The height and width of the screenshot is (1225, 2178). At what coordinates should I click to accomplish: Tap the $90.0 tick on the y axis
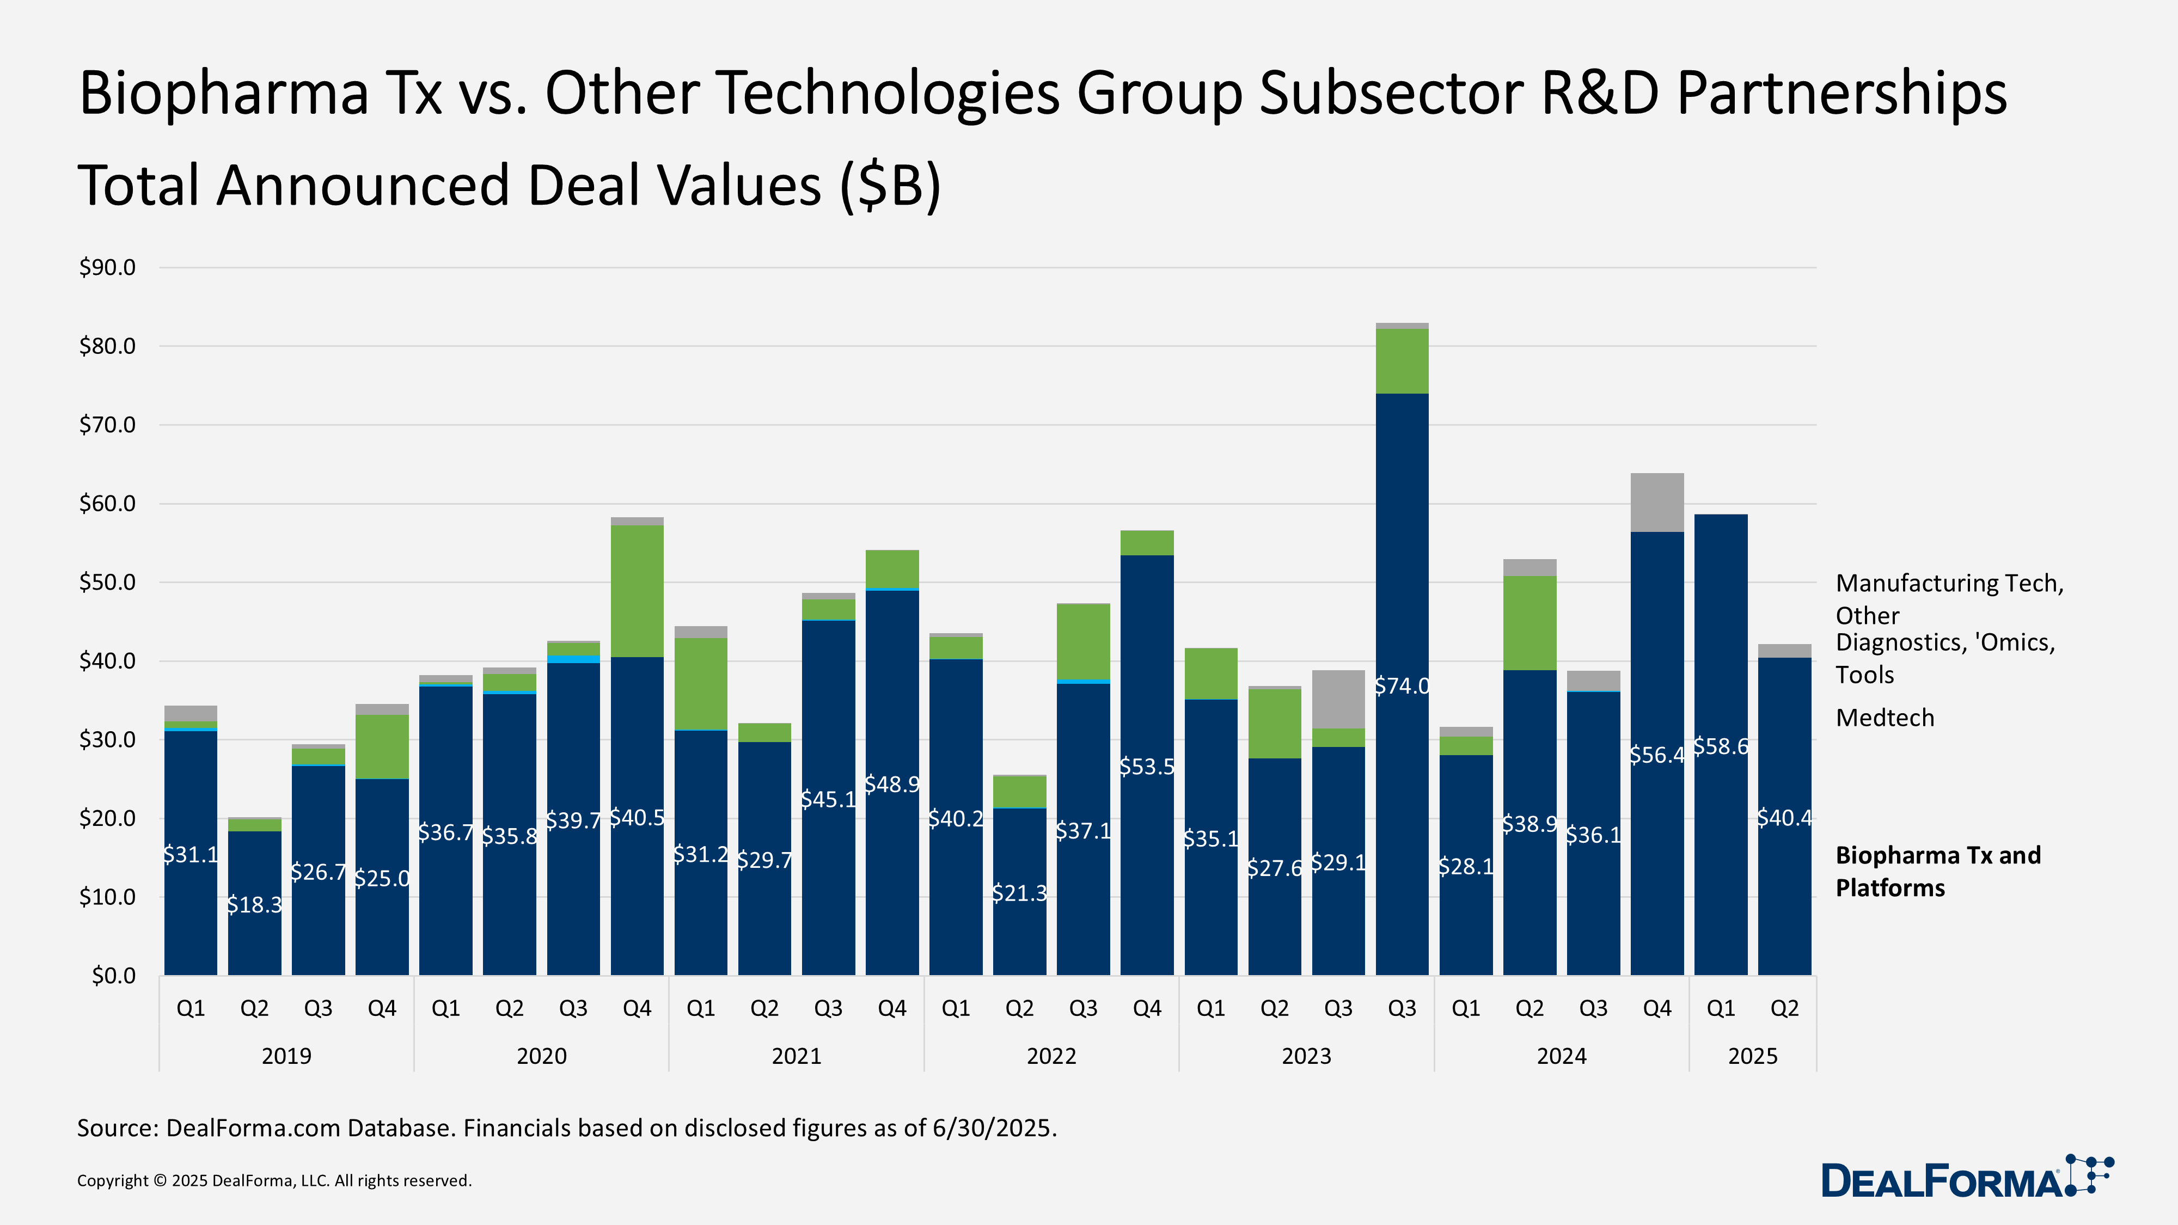point(107,268)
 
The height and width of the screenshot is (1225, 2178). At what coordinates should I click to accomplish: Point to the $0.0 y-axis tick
point(113,976)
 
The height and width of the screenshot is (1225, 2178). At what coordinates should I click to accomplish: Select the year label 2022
point(1051,1056)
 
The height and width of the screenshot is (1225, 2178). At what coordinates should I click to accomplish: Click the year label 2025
point(1752,1056)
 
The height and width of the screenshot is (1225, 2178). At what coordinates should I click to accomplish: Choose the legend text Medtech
point(1885,718)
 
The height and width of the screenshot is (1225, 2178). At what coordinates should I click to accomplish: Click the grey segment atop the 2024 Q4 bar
point(1656,502)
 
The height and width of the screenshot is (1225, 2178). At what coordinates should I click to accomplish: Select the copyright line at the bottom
point(274,1180)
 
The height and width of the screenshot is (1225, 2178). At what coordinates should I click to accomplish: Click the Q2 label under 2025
point(1784,1008)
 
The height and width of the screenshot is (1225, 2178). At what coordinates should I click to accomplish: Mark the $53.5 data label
point(1147,766)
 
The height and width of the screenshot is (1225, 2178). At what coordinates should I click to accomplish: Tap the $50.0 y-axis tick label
point(107,583)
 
